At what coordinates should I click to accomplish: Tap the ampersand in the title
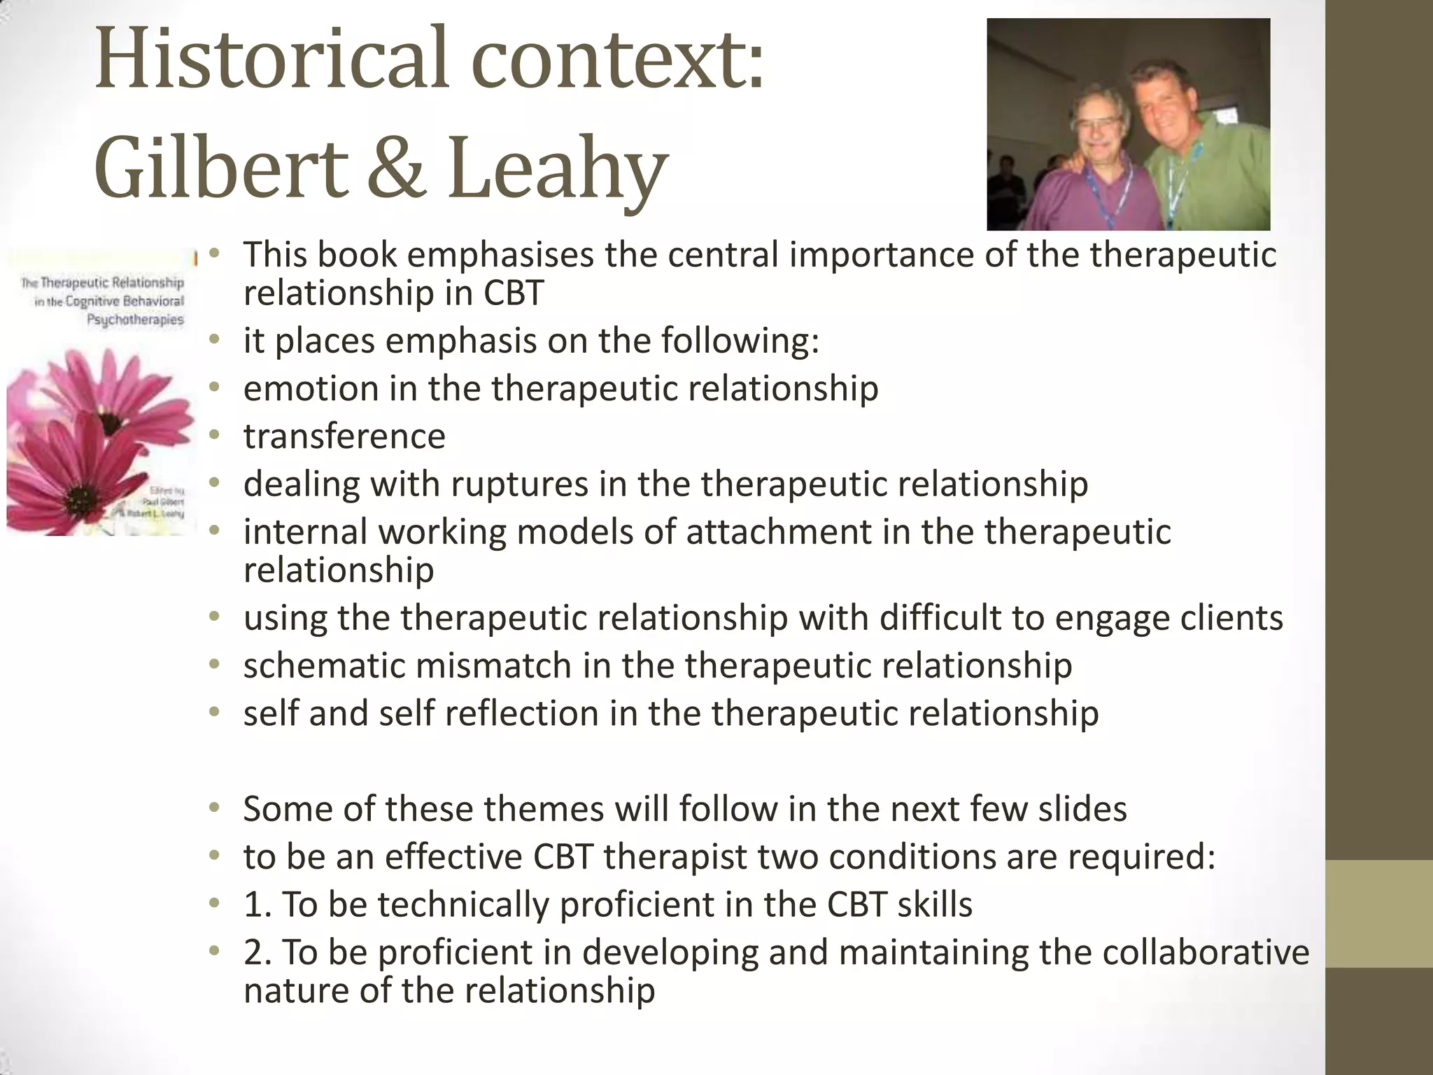click(396, 169)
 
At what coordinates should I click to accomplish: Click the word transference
click(344, 437)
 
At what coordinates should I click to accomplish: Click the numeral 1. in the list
click(257, 904)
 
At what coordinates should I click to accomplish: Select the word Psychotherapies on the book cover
click(135, 320)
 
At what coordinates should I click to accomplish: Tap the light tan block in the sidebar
click(1378, 913)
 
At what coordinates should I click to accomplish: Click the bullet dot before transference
click(215, 436)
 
